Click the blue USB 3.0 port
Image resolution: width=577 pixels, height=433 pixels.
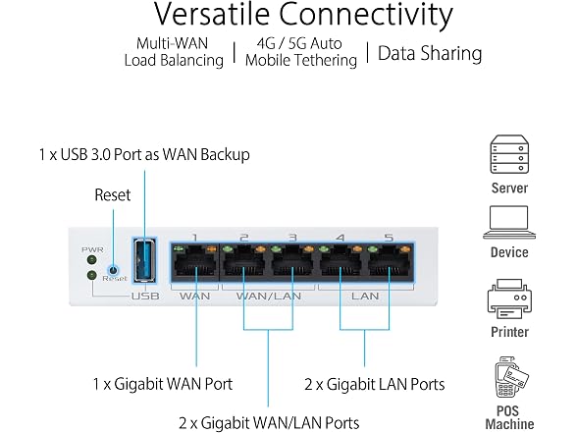tap(144, 260)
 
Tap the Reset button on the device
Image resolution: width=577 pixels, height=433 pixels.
tap(114, 270)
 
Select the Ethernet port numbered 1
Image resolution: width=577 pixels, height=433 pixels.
tap(195, 261)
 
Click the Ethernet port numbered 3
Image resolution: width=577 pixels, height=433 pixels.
tap(292, 261)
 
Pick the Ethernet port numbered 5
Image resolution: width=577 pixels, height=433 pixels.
tap(390, 261)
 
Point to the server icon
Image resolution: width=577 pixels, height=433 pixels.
tap(509, 154)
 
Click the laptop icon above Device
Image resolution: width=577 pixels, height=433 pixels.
tap(509, 222)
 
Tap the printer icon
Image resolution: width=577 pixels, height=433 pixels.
tap(509, 298)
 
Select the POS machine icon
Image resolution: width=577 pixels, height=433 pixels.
tap(510, 377)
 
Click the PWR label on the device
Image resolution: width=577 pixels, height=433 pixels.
tap(92, 250)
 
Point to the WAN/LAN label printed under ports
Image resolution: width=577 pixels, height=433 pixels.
tap(269, 297)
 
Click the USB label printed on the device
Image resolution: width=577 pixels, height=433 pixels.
tap(145, 297)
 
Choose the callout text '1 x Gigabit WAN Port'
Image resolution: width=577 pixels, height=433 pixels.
tap(163, 384)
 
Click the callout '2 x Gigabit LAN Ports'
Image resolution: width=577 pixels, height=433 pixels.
tap(375, 385)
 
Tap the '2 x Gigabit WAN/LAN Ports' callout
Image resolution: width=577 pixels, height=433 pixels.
tap(269, 422)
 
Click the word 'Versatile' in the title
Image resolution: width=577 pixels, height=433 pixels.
tap(212, 14)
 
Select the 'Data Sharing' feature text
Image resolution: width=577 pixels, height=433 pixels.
tap(430, 54)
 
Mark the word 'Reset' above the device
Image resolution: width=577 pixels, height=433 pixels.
tap(113, 195)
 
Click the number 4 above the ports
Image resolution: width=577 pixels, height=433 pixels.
tap(341, 238)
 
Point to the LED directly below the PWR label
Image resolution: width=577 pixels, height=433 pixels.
tap(91, 260)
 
